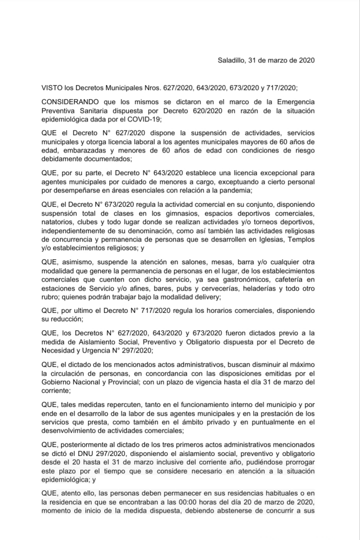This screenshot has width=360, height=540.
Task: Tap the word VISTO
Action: (x=51, y=87)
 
